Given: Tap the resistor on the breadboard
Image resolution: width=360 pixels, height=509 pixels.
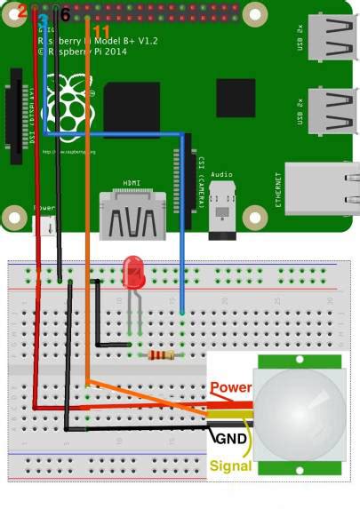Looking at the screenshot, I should point(162,355).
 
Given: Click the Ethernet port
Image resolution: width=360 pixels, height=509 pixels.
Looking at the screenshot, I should point(324,188).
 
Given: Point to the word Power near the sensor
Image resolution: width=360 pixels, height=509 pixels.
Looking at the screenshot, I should point(231,388).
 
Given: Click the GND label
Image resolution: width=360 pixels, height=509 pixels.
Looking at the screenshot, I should point(231,438).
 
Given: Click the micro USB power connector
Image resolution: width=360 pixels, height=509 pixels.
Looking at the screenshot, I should point(44,225).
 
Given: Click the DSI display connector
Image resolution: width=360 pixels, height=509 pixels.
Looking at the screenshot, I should point(15,115).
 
